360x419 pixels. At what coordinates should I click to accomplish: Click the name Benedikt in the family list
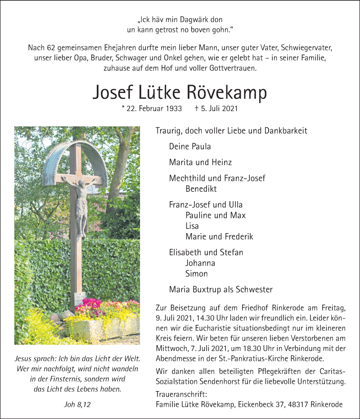pyautogui.click(x=200, y=189)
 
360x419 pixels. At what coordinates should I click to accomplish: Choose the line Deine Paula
pyautogui.click(x=190, y=146)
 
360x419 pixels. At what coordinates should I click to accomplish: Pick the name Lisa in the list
pyautogui.click(x=192, y=226)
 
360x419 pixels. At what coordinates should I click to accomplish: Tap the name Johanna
pyautogui.click(x=200, y=263)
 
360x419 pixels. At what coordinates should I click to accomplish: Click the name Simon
pyautogui.click(x=196, y=274)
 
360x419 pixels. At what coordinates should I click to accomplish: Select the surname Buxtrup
pyautogui.click(x=206, y=289)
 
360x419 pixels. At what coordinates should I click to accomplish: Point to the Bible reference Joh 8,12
pyautogui.click(x=77, y=405)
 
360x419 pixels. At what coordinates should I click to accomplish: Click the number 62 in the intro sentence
pyautogui.click(x=49, y=47)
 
